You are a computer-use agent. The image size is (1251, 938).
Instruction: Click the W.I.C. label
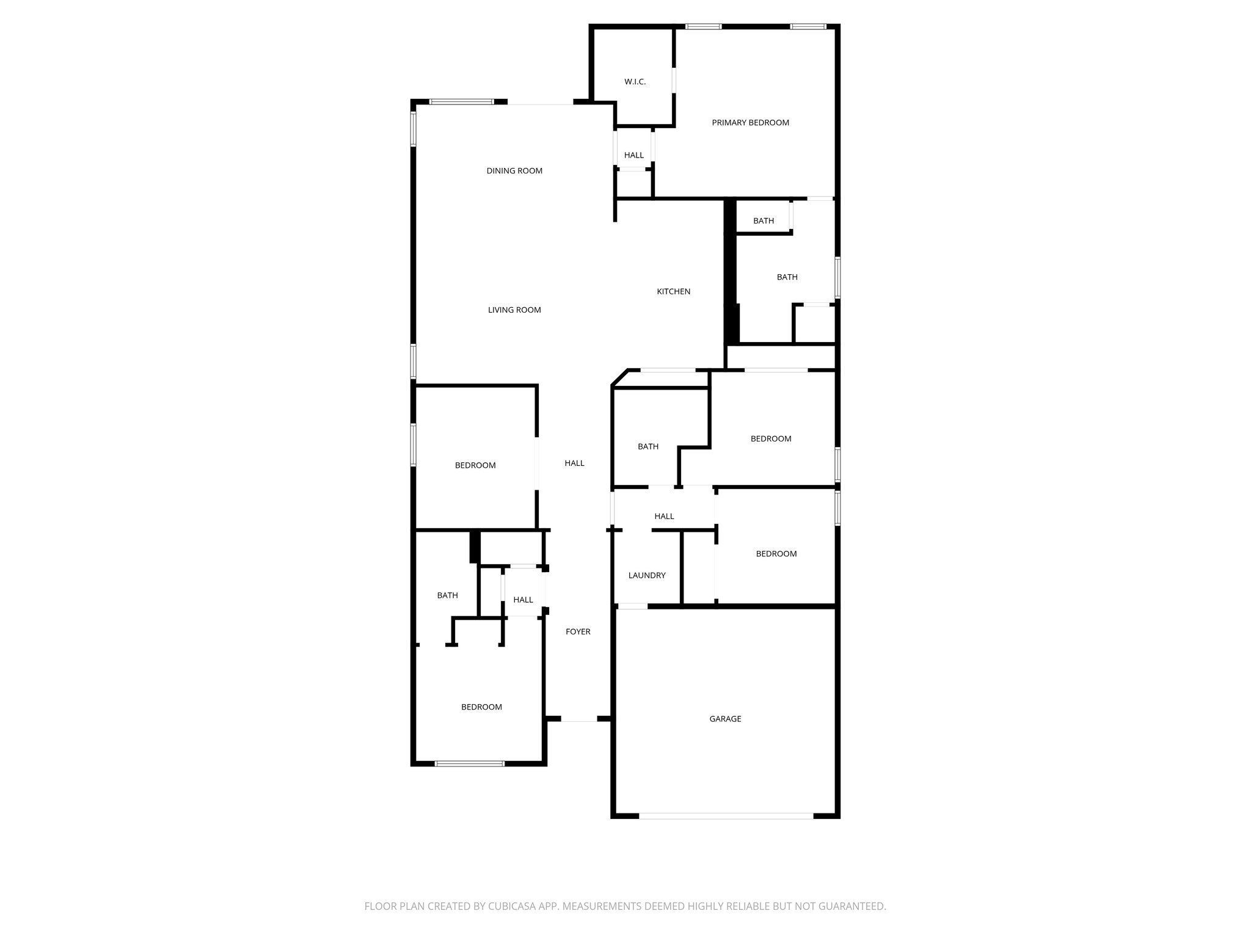click(x=635, y=82)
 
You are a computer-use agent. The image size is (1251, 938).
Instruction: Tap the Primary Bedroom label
click(x=750, y=123)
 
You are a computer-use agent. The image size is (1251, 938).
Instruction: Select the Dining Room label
click(x=514, y=171)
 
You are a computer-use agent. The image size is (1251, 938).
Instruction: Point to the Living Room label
click(x=514, y=310)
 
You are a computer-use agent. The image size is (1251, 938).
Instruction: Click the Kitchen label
click(x=673, y=292)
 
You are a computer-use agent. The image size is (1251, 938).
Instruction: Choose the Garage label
click(x=725, y=719)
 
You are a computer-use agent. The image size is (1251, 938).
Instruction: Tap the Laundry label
click(x=646, y=576)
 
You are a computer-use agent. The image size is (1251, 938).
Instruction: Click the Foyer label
click(x=578, y=632)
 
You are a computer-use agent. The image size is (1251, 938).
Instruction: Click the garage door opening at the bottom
click(x=726, y=816)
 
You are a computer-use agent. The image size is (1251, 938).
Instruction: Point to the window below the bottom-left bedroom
click(x=469, y=763)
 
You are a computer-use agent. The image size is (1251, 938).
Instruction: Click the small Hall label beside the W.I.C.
click(x=633, y=156)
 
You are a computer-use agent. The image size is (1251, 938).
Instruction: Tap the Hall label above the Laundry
click(x=664, y=517)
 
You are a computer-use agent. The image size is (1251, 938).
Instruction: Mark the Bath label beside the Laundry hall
click(x=647, y=447)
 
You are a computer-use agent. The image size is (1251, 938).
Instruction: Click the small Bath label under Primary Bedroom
click(x=763, y=221)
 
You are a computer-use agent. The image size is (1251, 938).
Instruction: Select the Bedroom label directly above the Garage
click(x=776, y=554)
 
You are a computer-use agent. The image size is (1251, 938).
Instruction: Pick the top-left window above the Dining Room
click(x=461, y=102)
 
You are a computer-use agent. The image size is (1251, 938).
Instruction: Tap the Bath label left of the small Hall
click(x=447, y=596)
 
